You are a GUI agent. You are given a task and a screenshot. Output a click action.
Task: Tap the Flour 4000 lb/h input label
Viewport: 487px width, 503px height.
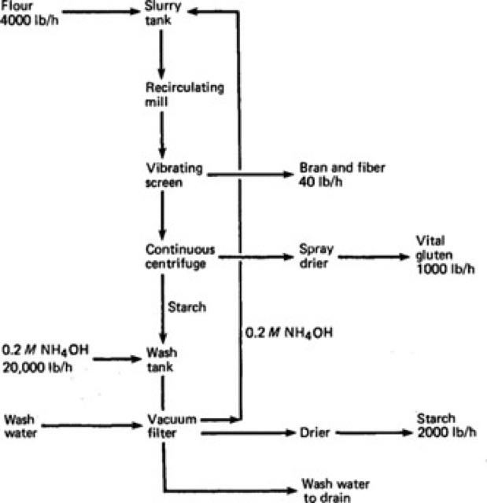pos(23,12)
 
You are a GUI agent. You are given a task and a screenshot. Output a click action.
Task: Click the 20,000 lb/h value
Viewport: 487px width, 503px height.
pos(33,366)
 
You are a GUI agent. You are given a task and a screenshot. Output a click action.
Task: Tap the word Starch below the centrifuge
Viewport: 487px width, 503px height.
pos(187,307)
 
